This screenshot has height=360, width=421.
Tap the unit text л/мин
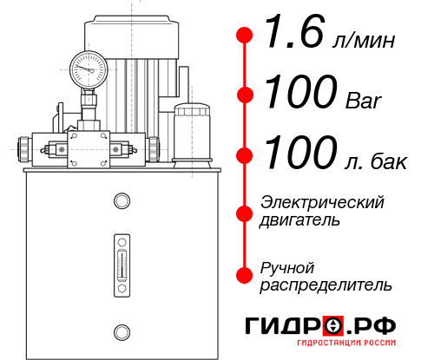[364, 40]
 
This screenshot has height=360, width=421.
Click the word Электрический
[322, 201]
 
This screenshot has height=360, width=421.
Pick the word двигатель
[299, 219]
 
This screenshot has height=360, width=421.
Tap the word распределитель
[326, 285]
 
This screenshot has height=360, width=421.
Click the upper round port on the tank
[121, 202]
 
